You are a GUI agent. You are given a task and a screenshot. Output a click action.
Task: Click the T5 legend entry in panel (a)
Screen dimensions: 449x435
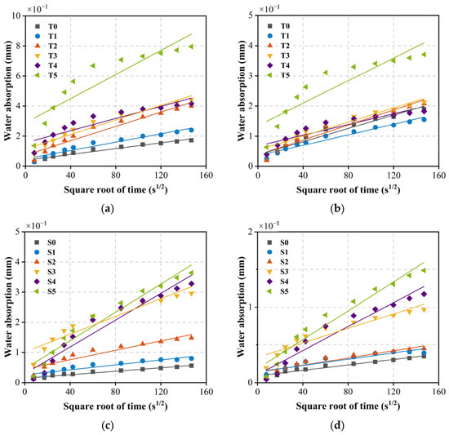click(47, 75)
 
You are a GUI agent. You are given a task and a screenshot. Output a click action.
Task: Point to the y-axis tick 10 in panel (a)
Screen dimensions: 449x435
click(17, 16)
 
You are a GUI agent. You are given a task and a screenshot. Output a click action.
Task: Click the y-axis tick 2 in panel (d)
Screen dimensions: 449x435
click(251, 232)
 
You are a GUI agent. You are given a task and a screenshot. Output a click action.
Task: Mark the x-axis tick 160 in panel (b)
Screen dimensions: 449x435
click(438, 175)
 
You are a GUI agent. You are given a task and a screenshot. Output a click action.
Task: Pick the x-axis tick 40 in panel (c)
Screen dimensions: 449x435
click(70, 391)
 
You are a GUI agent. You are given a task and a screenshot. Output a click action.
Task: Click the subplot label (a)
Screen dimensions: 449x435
click(108, 209)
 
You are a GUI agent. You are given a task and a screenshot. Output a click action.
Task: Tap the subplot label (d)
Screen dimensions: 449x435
click(337, 426)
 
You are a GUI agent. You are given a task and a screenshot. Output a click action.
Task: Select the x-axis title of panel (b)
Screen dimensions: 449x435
click(349, 189)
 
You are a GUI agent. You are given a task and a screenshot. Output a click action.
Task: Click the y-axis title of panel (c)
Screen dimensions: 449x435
click(9, 307)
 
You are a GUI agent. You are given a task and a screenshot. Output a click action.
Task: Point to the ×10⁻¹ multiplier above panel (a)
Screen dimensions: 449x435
click(37, 9)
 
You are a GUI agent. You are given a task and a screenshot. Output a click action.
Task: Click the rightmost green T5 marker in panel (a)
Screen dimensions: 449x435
click(191, 47)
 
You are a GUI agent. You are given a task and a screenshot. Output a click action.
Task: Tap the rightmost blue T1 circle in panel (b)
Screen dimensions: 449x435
click(424, 120)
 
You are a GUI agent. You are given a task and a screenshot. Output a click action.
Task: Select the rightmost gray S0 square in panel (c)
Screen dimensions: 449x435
click(191, 366)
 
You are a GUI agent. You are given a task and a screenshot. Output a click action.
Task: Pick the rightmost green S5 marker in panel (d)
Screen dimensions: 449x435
click(424, 270)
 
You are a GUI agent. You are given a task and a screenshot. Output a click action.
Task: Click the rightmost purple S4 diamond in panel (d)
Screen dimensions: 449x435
click(424, 294)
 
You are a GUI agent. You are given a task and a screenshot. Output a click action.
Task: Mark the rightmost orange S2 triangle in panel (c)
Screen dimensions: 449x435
click(191, 337)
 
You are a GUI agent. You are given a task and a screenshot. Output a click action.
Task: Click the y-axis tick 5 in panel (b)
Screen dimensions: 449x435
click(251, 16)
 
